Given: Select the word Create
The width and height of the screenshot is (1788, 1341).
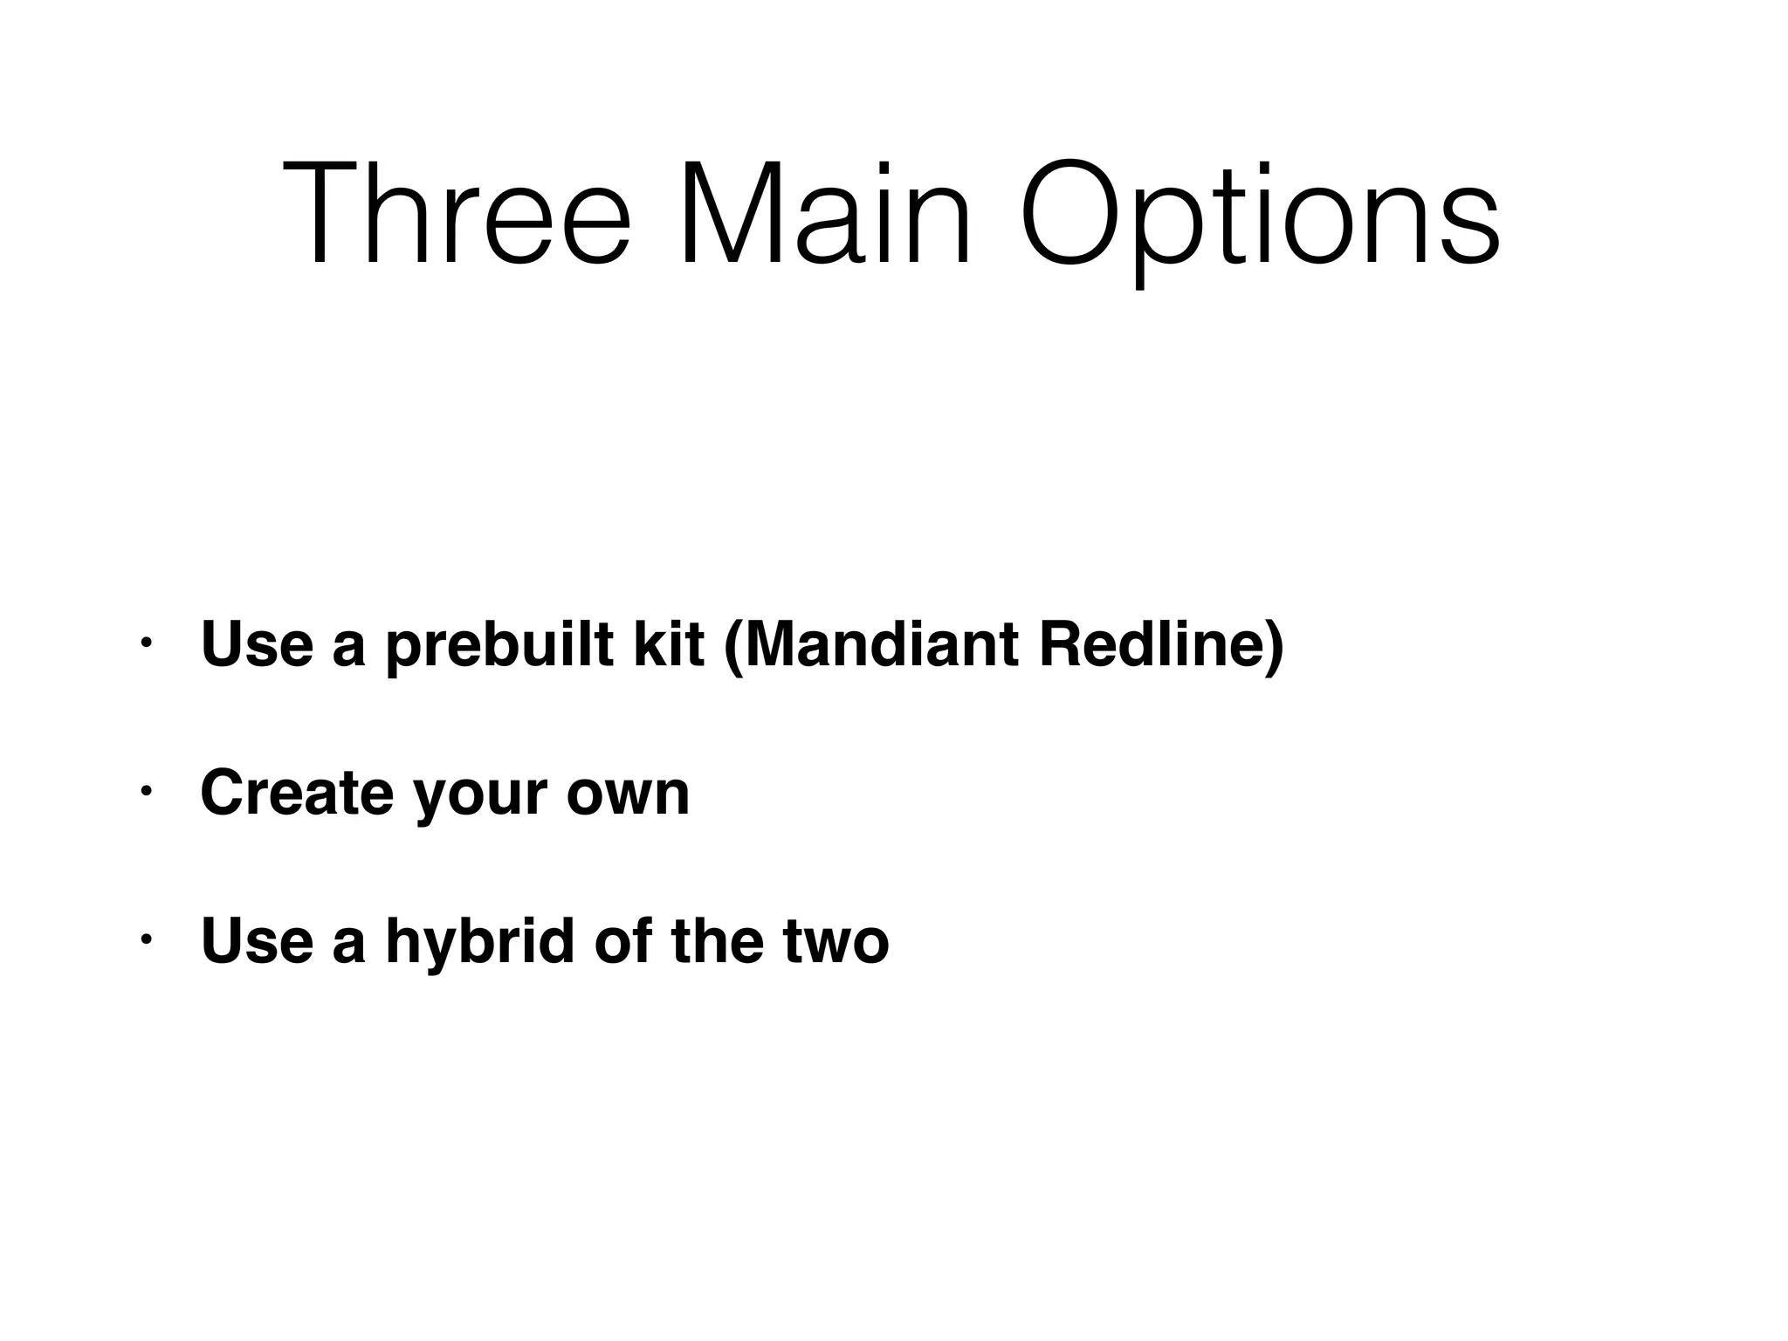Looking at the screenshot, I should coord(297,793).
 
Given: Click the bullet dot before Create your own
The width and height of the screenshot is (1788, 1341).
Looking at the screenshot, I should coord(146,792).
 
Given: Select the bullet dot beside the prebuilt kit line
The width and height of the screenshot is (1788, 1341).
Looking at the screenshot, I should coord(146,643).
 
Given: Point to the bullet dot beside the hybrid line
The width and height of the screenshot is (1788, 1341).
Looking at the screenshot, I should coord(146,940).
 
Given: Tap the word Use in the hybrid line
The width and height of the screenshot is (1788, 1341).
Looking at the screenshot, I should coord(257,941).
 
